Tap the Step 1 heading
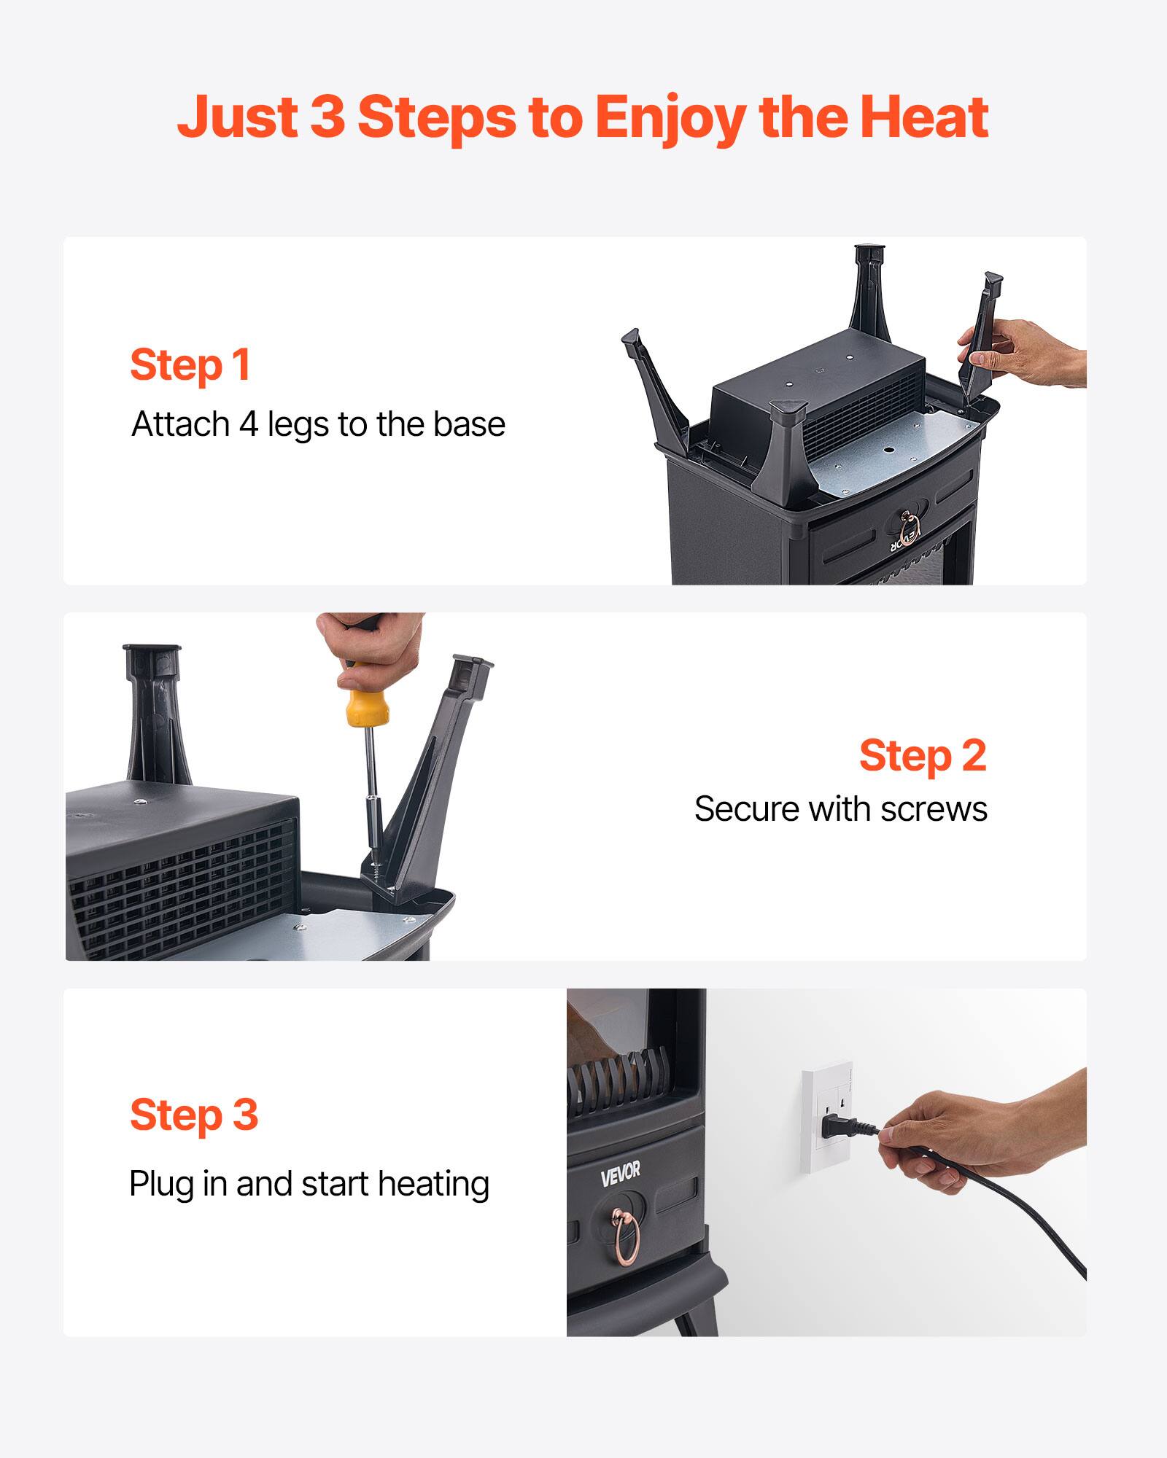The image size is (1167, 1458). (x=190, y=364)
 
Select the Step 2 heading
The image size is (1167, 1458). (x=922, y=755)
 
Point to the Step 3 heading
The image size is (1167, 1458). (x=194, y=1115)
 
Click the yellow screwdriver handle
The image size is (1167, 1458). (x=367, y=706)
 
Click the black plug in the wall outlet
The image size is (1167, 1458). (x=839, y=1128)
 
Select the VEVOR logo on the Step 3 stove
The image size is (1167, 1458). (x=620, y=1173)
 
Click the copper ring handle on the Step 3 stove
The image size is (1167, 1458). (x=627, y=1233)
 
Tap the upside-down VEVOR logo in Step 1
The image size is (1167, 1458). (x=904, y=541)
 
